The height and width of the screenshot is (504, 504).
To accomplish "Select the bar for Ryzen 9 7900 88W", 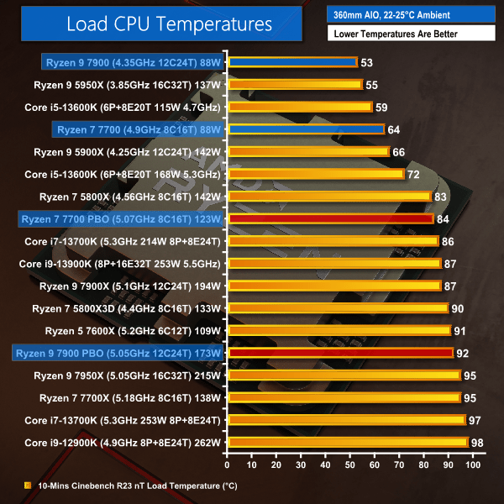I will click(x=292, y=62).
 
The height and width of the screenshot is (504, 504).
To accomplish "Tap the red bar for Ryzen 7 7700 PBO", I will click(x=329, y=218).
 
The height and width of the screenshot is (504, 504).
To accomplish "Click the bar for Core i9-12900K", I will click(x=347, y=442).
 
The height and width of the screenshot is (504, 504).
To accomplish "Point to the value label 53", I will click(x=366, y=62).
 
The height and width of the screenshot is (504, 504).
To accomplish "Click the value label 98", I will click(x=478, y=442).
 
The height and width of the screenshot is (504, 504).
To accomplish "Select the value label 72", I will click(x=413, y=174).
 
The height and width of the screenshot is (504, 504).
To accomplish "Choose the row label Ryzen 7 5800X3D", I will click(x=130, y=307).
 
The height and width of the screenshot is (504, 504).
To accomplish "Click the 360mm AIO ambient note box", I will click(x=412, y=13).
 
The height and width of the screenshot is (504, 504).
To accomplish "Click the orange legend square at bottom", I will click(x=29, y=485).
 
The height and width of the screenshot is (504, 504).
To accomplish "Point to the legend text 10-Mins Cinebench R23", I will click(x=126, y=485).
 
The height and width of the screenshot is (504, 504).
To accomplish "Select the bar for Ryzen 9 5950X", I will click(x=294, y=84).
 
